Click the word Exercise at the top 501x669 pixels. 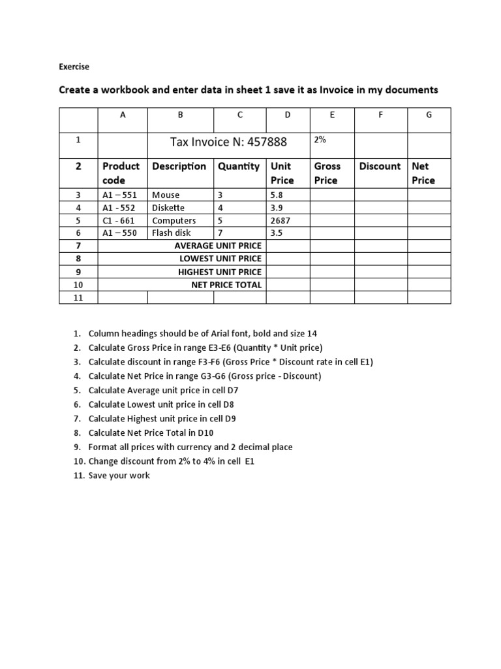[x=74, y=67]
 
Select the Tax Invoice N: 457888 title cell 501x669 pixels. [x=228, y=142]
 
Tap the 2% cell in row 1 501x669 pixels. [x=320, y=140]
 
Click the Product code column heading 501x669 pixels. [x=121, y=173]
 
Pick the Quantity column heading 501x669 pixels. [x=239, y=167]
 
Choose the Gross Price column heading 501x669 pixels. [x=327, y=173]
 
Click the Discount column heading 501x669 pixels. [x=380, y=167]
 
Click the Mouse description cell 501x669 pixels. [x=166, y=195]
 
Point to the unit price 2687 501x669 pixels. [x=281, y=221]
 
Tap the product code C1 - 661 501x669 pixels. [x=119, y=221]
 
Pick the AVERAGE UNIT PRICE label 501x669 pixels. [x=218, y=246]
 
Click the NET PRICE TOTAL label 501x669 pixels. [x=226, y=285]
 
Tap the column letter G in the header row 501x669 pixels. [x=429, y=115]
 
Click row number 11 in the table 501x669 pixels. [x=78, y=298]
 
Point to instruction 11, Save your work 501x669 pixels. [x=119, y=476]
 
